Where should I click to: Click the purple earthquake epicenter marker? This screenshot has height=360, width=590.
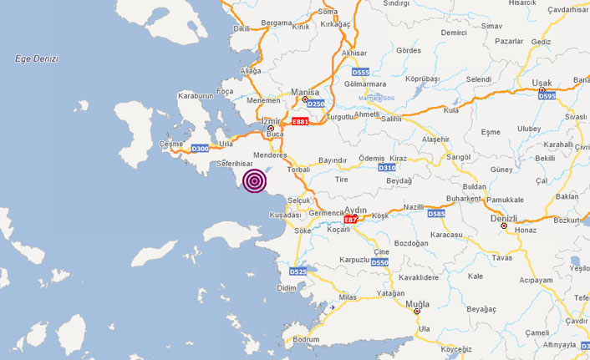(x=255, y=180)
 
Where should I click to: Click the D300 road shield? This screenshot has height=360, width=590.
(x=200, y=149)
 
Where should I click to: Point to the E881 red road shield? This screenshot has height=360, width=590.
(x=299, y=122)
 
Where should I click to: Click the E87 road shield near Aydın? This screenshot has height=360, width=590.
(x=351, y=219)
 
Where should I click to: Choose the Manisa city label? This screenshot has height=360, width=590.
(x=305, y=92)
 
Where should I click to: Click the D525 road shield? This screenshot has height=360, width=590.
(x=298, y=271)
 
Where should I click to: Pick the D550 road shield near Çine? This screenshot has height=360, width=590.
(x=379, y=262)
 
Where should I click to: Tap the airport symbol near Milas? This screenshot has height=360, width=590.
(x=333, y=307)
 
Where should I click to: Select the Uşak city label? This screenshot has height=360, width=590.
(x=542, y=83)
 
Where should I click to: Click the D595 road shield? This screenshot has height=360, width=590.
(x=547, y=96)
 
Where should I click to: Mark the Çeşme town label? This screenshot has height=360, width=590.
(x=170, y=145)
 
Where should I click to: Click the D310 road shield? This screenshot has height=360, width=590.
(x=386, y=168)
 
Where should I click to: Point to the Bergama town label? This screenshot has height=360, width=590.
(x=277, y=23)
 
